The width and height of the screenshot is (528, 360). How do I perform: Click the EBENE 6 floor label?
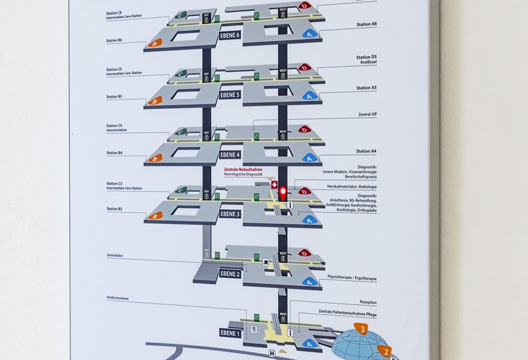click(x=230, y=36)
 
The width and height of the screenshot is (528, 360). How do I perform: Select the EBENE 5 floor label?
click(x=230, y=94)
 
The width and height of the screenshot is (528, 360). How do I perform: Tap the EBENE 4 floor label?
click(x=230, y=155)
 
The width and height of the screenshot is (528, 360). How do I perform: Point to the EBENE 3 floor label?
click(x=230, y=213)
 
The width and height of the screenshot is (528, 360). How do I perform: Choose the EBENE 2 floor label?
click(x=230, y=273)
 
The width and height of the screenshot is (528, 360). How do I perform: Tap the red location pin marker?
click(x=284, y=194)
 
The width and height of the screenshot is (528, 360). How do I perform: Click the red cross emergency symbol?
click(x=274, y=186)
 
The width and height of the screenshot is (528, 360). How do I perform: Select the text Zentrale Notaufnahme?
click(x=244, y=170)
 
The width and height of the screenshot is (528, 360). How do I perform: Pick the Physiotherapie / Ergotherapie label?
click(x=352, y=279)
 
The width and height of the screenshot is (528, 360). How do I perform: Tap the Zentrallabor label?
click(x=116, y=254)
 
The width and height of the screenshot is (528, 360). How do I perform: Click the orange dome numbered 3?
click(x=362, y=328)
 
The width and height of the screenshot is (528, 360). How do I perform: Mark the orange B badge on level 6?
click(x=154, y=43)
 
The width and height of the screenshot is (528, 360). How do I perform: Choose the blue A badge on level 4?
click(x=308, y=158)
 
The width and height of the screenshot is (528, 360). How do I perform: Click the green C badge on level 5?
click(x=180, y=75)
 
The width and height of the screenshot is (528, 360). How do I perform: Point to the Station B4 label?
click(x=114, y=153)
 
